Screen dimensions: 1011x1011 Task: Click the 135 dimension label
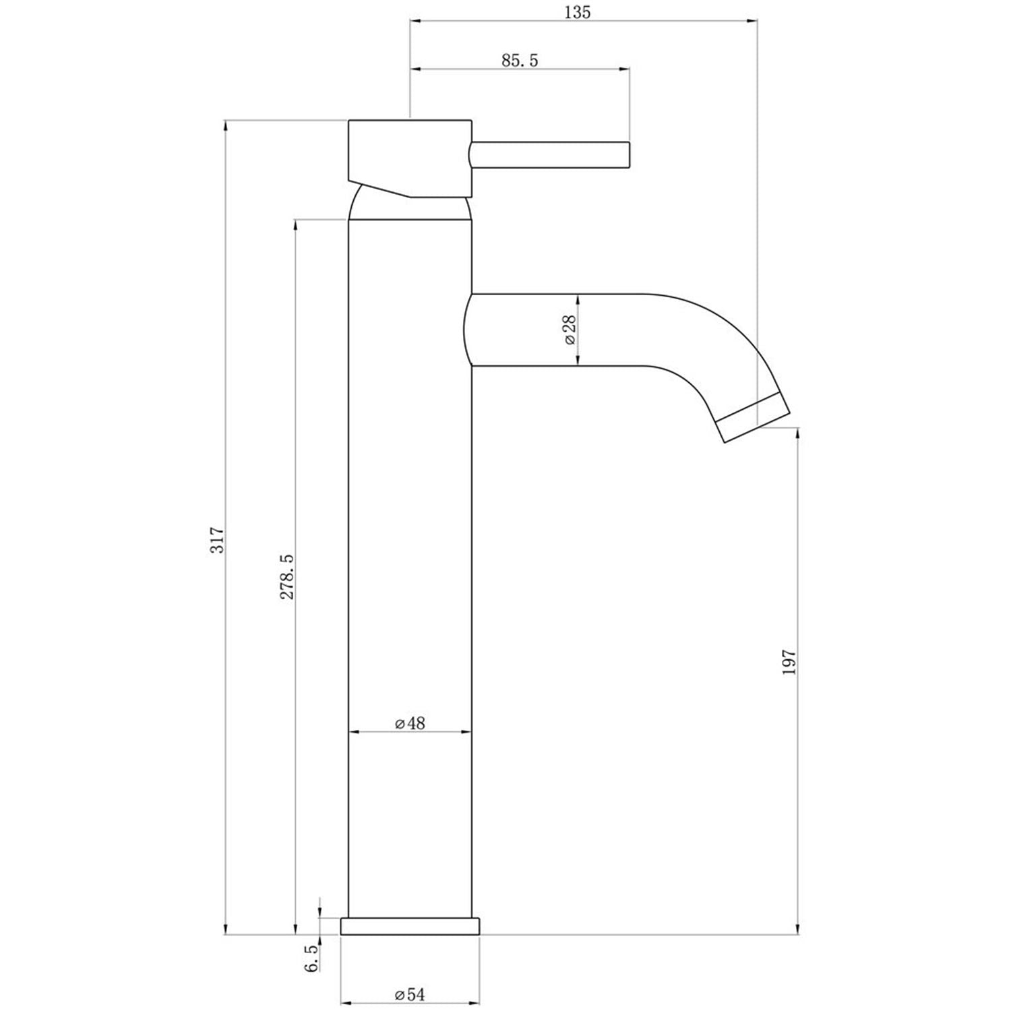pyautogui.click(x=579, y=12)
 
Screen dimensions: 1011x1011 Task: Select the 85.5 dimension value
pyautogui.click(x=520, y=60)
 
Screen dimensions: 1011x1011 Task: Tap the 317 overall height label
pyautogui.click(x=217, y=541)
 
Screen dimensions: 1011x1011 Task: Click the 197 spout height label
pyautogui.click(x=790, y=663)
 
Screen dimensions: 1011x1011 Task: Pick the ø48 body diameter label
pyautogui.click(x=410, y=723)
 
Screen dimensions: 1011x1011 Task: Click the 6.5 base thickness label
pyautogui.click(x=311, y=958)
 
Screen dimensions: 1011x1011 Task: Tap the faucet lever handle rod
pyautogui.click(x=549, y=154)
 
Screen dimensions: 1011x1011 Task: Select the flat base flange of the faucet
pyautogui.click(x=410, y=925)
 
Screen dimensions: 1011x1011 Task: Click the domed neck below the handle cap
pyautogui.click(x=408, y=208)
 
